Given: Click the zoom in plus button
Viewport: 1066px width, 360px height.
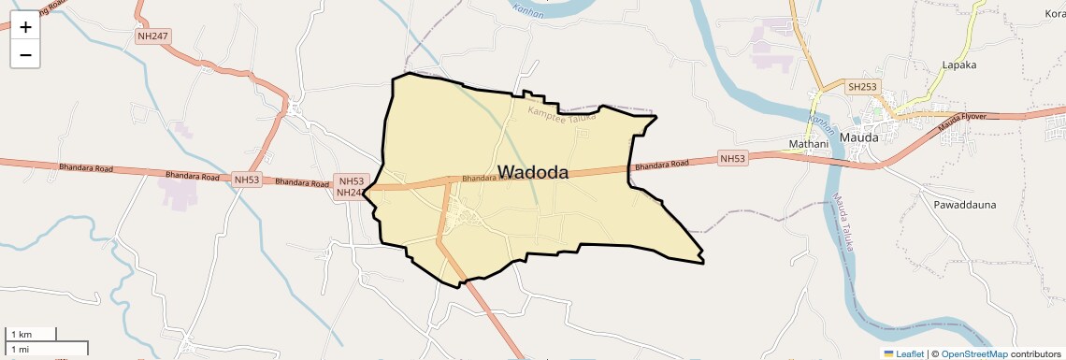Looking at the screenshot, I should coord(25,27).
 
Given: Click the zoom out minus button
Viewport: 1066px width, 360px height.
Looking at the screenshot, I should coord(25,54).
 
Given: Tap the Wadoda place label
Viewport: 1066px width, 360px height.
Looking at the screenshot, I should coord(533,172).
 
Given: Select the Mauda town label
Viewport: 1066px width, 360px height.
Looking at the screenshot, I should coord(859,137).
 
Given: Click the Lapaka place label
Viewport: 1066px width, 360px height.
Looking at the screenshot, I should coord(959,65).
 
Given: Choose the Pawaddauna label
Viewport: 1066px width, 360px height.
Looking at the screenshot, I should coord(964,204).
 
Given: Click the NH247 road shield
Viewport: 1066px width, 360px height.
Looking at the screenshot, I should coord(153,36).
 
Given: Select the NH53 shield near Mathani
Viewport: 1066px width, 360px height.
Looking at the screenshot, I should coord(733,159).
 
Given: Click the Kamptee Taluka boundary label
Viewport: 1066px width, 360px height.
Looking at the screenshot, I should coord(562,115).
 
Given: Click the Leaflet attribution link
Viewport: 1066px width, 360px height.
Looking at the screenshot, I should coord(909,353).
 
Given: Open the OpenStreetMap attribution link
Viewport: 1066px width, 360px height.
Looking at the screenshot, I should coord(974,353).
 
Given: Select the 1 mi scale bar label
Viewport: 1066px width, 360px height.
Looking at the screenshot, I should coord(20,349).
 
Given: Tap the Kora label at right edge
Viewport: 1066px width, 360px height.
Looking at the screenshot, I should coord(1055,14).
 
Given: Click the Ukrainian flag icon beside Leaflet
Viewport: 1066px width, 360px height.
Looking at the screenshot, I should coord(889,353).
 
